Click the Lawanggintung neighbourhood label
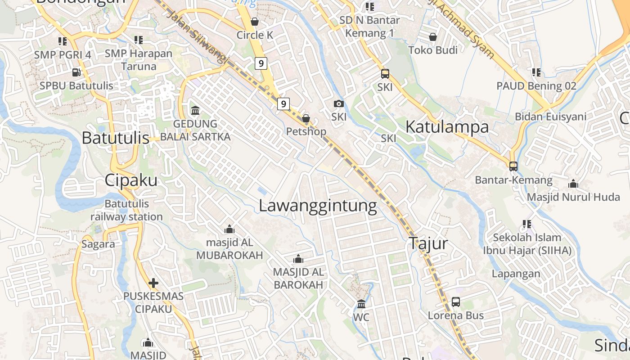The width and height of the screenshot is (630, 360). (x=318, y=206)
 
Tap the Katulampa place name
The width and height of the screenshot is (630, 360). (x=447, y=127)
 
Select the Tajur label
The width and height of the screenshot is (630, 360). (x=428, y=243)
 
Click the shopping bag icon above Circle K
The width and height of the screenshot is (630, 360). (x=255, y=22)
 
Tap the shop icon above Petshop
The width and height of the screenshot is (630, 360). (x=306, y=118)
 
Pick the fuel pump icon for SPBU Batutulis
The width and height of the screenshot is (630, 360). (x=76, y=72)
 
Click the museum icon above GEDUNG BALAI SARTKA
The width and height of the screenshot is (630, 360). (x=195, y=110)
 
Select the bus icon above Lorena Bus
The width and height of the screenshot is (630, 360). (x=456, y=302)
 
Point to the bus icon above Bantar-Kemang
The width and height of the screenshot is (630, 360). (x=513, y=166)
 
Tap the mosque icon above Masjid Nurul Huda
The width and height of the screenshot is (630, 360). (x=573, y=184)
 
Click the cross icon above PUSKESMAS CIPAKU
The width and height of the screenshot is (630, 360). (x=153, y=283)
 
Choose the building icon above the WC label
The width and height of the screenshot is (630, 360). (x=361, y=304)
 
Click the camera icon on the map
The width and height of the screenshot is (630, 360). (x=339, y=104)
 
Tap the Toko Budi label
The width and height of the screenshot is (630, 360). (x=433, y=50)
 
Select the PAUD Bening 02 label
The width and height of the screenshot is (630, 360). (x=536, y=85)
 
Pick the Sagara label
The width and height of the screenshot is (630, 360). (x=98, y=244)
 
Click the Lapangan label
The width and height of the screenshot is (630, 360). (x=516, y=274)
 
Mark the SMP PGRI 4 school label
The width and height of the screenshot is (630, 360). (x=63, y=54)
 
